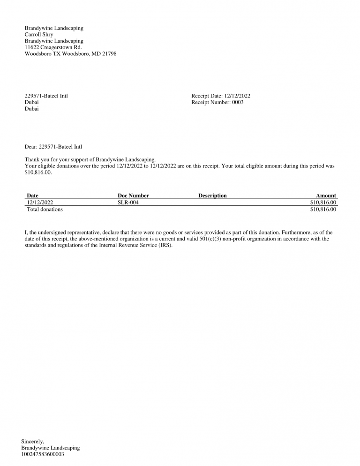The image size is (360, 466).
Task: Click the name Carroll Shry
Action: click(x=38, y=34)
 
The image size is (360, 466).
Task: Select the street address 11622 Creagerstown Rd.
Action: click(x=53, y=47)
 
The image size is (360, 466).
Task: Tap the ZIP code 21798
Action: click(x=109, y=54)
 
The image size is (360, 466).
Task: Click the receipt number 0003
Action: click(x=238, y=103)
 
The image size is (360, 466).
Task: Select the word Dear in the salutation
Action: click(x=30, y=147)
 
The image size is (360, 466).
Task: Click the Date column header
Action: click(x=32, y=195)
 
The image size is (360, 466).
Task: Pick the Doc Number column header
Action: click(x=133, y=195)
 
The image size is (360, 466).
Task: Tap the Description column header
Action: click(x=212, y=195)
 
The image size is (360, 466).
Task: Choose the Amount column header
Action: click(x=326, y=195)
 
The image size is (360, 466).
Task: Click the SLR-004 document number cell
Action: click(x=128, y=203)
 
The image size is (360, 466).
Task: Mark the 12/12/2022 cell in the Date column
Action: click(x=40, y=203)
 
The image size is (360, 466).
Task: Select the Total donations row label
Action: click(x=45, y=210)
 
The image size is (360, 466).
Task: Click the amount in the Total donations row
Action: click(x=323, y=210)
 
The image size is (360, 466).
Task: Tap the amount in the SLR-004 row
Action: click(x=323, y=203)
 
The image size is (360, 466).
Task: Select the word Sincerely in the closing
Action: click(x=33, y=441)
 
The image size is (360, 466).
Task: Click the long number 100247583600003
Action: click(x=43, y=454)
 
